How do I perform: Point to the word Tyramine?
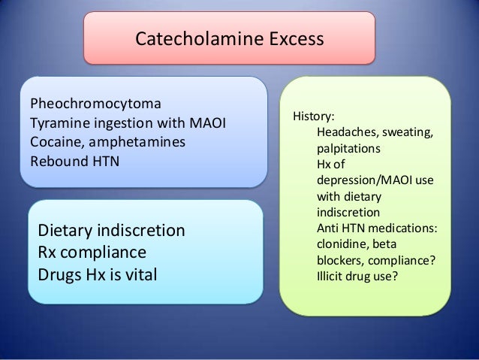click(x=56, y=123)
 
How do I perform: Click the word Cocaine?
click(x=54, y=141)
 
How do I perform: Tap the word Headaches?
click(x=348, y=133)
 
